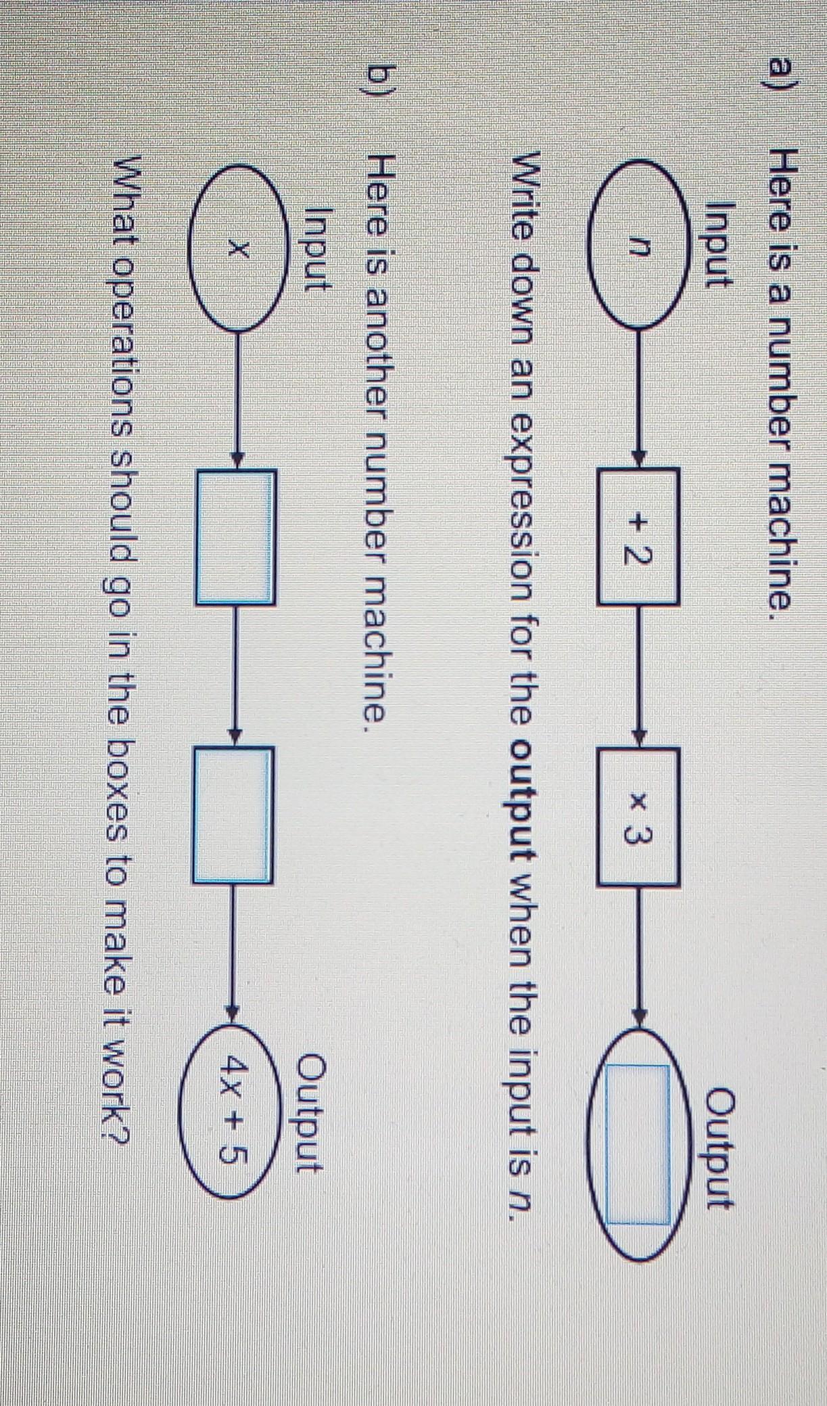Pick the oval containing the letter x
234,250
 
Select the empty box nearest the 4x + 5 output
234,814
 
